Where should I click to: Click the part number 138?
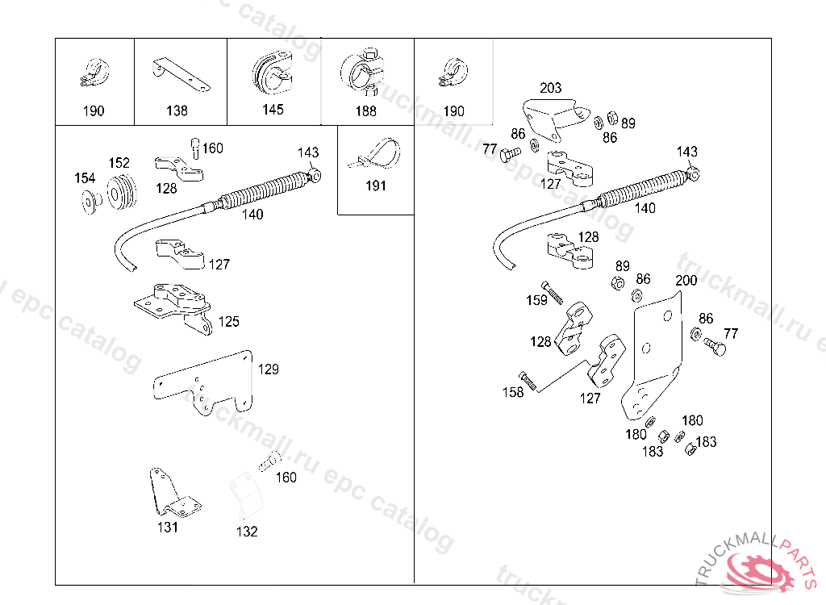tap(177, 111)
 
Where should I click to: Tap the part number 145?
tap(273, 110)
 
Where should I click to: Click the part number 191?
tap(376, 186)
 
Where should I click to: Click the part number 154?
tap(85, 178)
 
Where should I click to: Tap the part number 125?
tap(229, 322)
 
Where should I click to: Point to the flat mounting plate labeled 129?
tap(202, 383)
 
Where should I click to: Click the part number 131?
tap(168, 528)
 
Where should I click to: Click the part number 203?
tap(551, 88)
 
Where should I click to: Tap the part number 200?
tap(686, 281)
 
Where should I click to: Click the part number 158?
tap(513, 392)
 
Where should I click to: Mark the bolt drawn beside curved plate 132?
tap(268, 463)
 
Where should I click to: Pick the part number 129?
tap(269, 369)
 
